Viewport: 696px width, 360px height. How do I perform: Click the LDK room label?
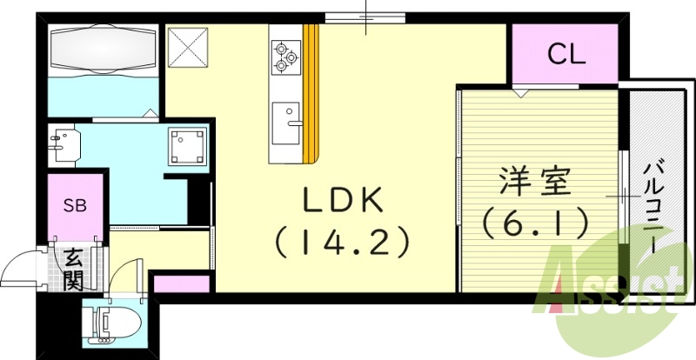point(343,200)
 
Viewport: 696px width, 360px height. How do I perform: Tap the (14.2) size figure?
point(343,241)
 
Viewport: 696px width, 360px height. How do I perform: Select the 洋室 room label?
point(534,183)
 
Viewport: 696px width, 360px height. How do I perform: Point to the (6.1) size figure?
point(533,223)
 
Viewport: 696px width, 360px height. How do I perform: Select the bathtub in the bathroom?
point(104,50)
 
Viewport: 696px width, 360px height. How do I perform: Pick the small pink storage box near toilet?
point(182,283)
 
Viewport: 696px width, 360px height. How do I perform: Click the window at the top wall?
point(366,16)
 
